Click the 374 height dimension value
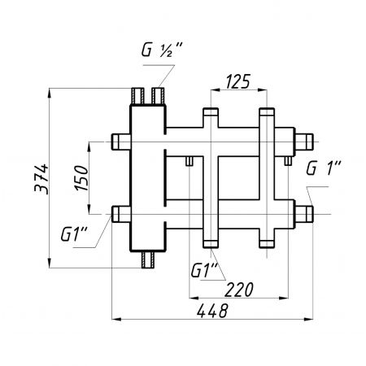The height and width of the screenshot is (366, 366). pyautogui.click(x=41, y=179)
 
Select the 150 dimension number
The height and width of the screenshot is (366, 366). pyautogui.click(x=82, y=178)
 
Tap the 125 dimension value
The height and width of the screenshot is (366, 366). pyautogui.click(x=237, y=81)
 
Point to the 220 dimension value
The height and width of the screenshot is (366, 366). pyautogui.click(x=239, y=290)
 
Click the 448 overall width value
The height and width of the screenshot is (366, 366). pyautogui.click(x=212, y=311)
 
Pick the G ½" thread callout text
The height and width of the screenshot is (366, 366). pyautogui.click(x=162, y=50)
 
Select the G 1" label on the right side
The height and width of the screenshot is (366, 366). pyautogui.click(x=324, y=168)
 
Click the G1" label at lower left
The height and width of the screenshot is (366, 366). pyautogui.click(x=74, y=234)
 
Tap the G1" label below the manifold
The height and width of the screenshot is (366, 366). pyautogui.click(x=204, y=270)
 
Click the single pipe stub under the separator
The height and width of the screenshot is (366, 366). pyautogui.click(x=148, y=259)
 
